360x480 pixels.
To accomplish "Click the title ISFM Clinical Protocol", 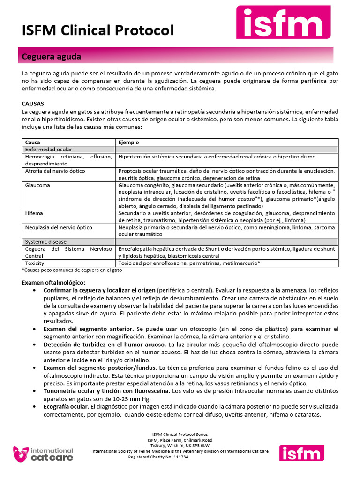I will tap(98, 30).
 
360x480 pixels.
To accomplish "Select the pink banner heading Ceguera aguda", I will tap(52, 57).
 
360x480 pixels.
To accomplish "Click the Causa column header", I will tap(33, 142).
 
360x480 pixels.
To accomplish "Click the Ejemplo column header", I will tap(128, 142).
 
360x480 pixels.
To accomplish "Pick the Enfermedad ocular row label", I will tap(48, 149).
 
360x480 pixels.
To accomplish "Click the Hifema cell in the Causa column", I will tap(34, 213).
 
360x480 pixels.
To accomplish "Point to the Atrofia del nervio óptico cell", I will tap(55, 171).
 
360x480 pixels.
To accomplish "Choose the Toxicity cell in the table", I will tap(36, 263).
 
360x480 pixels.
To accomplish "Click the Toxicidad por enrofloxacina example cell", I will tap(189, 263).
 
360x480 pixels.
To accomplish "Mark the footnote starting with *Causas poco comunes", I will tap(72, 270).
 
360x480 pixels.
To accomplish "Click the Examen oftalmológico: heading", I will tap(53, 283).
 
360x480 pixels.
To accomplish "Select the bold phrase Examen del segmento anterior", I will tap(89, 329).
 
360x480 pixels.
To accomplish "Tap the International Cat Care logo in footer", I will tap(43, 453).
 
